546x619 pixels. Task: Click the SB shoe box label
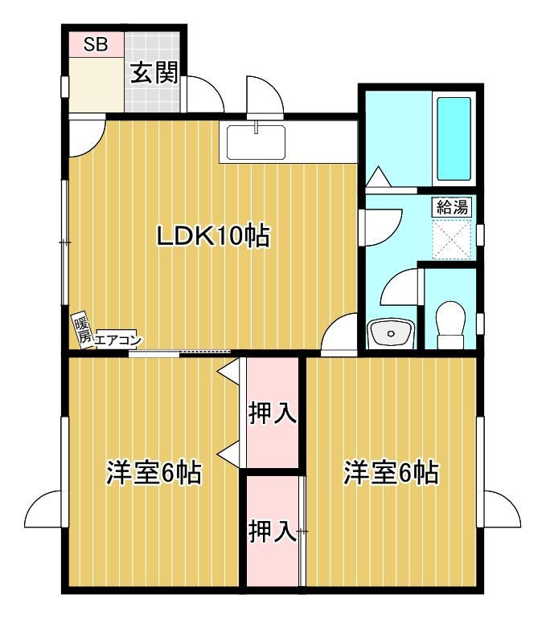(96, 44)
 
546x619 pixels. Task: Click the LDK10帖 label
(212, 236)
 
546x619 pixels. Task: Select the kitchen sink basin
(256, 143)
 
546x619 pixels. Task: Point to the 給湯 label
(451, 206)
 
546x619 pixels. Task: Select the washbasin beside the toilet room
(390, 332)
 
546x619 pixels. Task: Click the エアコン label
(117, 340)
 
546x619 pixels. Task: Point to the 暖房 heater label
(81, 330)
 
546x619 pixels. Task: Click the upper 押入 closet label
(272, 414)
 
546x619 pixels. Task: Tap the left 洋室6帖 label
(154, 472)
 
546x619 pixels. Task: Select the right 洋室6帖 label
(391, 472)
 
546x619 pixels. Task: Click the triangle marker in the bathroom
(379, 176)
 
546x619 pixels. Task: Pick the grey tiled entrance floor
(153, 92)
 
